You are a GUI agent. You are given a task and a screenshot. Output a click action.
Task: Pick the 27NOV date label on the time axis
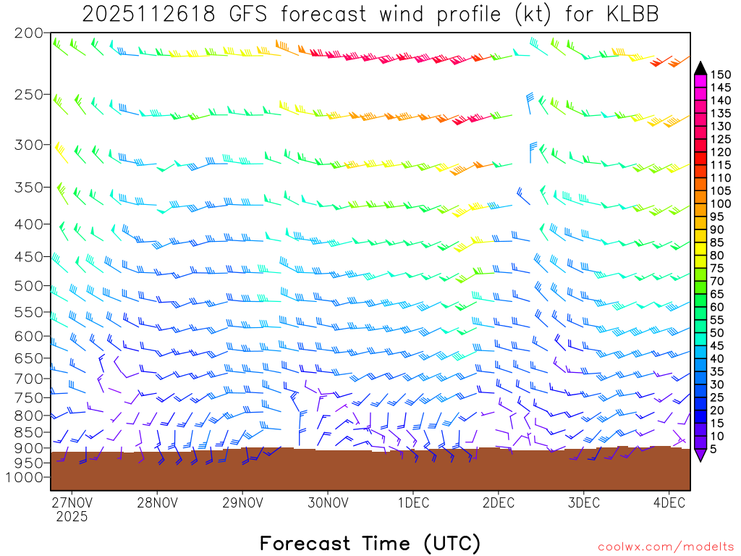coord(72,502)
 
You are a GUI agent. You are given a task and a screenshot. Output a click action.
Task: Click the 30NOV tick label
coord(326,502)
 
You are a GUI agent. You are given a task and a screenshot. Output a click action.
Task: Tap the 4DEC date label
coord(669,502)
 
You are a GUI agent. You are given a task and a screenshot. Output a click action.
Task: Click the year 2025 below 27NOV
coord(72,517)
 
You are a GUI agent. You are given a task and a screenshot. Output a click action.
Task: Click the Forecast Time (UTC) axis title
coord(370,543)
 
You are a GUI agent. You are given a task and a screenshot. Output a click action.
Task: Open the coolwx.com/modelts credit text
coord(665,547)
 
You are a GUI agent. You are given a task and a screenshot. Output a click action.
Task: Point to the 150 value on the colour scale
coord(721,75)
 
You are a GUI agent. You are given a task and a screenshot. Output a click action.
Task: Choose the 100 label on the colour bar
coord(721,204)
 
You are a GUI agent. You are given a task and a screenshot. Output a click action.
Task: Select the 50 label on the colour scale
coord(717,333)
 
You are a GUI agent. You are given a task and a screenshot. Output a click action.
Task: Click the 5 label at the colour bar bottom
coord(714,450)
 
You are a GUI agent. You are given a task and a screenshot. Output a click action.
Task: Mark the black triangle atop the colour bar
coord(700,68)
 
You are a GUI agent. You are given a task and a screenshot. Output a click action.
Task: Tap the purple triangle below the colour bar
coord(700,455)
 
